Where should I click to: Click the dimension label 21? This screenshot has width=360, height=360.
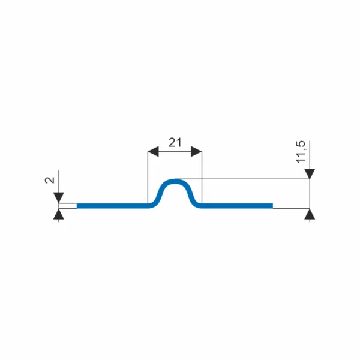(175, 143)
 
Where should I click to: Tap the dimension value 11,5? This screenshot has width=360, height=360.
(301, 152)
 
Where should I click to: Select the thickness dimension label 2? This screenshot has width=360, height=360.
(50, 180)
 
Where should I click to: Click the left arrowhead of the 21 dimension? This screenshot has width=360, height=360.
(153, 151)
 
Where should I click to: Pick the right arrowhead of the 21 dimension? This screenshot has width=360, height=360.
(196, 151)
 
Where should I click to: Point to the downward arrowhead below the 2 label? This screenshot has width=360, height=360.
(59, 197)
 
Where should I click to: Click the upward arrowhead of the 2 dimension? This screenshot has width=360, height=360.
(59, 214)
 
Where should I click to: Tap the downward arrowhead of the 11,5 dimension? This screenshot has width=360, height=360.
(310, 173)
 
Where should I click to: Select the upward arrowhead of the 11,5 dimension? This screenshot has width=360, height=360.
(310, 214)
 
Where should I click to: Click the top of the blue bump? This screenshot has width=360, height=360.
(175, 181)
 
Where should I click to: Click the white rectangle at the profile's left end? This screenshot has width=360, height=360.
(67, 206)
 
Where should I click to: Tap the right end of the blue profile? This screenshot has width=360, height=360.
(272, 206)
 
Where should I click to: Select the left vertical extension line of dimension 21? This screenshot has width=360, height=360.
(148, 177)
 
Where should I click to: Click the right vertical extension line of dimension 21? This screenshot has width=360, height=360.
(202, 177)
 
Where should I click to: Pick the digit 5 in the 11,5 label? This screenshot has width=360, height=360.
(301, 143)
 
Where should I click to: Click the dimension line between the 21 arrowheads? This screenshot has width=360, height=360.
(175, 151)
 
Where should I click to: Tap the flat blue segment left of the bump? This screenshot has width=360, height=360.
(113, 206)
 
